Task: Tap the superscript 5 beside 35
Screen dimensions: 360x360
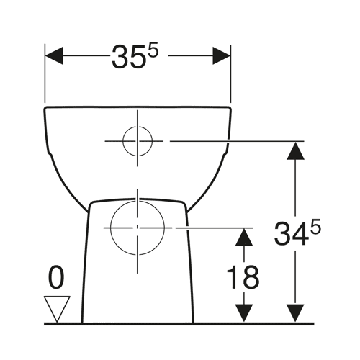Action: [153, 50]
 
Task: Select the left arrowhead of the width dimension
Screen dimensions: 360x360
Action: [54, 55]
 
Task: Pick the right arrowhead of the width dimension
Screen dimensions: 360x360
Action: [222, 55]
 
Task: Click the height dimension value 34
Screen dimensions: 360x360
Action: [291, 233]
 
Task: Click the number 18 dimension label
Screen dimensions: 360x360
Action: [243, 277]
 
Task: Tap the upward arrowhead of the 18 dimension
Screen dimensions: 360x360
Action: [244, 237]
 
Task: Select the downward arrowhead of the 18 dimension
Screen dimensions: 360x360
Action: [244, 313]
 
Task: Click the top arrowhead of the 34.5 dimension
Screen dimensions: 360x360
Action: [295, 150]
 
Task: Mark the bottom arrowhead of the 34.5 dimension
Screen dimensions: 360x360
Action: [295, 313]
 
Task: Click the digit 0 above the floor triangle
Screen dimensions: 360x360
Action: [56, 277]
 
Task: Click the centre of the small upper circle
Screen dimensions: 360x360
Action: [138, 141]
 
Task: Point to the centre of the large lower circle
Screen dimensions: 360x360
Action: [138, 228]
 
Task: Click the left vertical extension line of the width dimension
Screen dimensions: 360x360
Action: [45, 73]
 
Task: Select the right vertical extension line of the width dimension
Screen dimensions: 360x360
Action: [230, 73]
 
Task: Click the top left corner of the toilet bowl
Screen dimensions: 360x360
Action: [45, 107]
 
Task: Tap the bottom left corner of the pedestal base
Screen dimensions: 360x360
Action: [82, 323]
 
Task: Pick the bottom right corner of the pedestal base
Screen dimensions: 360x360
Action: [193, 323]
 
